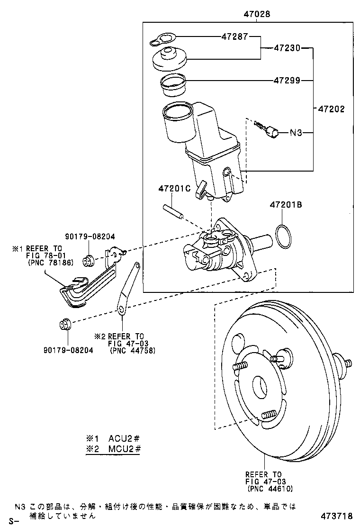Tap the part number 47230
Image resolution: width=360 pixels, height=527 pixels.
click(x=287, y=47)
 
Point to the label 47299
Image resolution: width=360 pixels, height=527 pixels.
click(x=287, y=80)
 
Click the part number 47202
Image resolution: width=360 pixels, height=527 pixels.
click(x=331, y=109)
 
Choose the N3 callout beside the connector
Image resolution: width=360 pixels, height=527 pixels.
click(x=296, y=133)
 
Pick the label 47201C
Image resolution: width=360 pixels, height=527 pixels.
click(x=174, y=189)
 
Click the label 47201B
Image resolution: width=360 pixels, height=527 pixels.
click(x=286, y=205)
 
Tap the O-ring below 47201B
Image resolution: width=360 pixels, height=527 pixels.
click(x=284, y=237)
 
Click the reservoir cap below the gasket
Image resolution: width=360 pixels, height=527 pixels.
click(x=170, y=58)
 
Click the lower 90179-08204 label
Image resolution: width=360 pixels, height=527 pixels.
click(x=67, y=350)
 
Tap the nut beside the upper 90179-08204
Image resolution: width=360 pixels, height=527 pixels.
click(x=88, y=260)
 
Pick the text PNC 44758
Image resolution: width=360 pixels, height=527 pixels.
click(x=132, y=351)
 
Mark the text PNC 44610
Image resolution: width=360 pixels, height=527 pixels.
click(x=270, y=489)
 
